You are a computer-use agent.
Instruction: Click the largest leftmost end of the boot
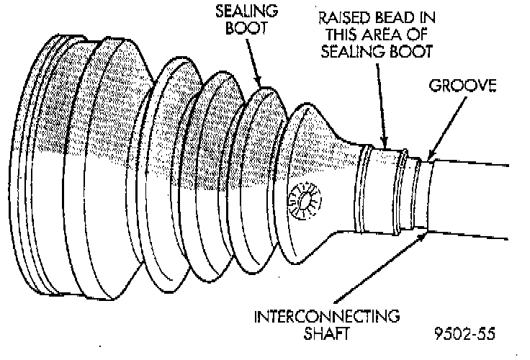point(50,187)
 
